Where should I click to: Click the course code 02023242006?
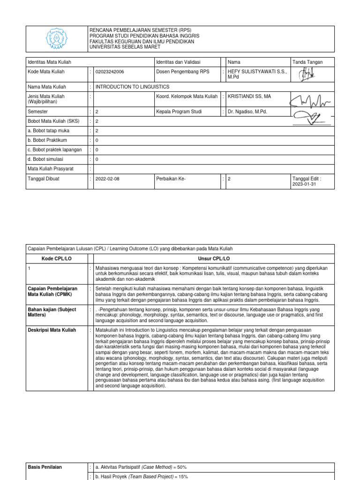[110, 72]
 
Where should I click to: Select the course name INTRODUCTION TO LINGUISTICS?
[132, 87]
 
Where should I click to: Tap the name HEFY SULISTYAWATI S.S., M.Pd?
[256, 74]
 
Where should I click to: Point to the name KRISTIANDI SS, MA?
[249, 96]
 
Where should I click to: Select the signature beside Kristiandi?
[310, 99]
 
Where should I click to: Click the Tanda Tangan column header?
[307, 62]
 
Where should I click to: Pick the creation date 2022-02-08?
[107, 179]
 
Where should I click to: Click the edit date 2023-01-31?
[304, 184]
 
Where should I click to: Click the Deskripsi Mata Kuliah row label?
[52, 330]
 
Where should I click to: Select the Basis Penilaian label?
[45, 467]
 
